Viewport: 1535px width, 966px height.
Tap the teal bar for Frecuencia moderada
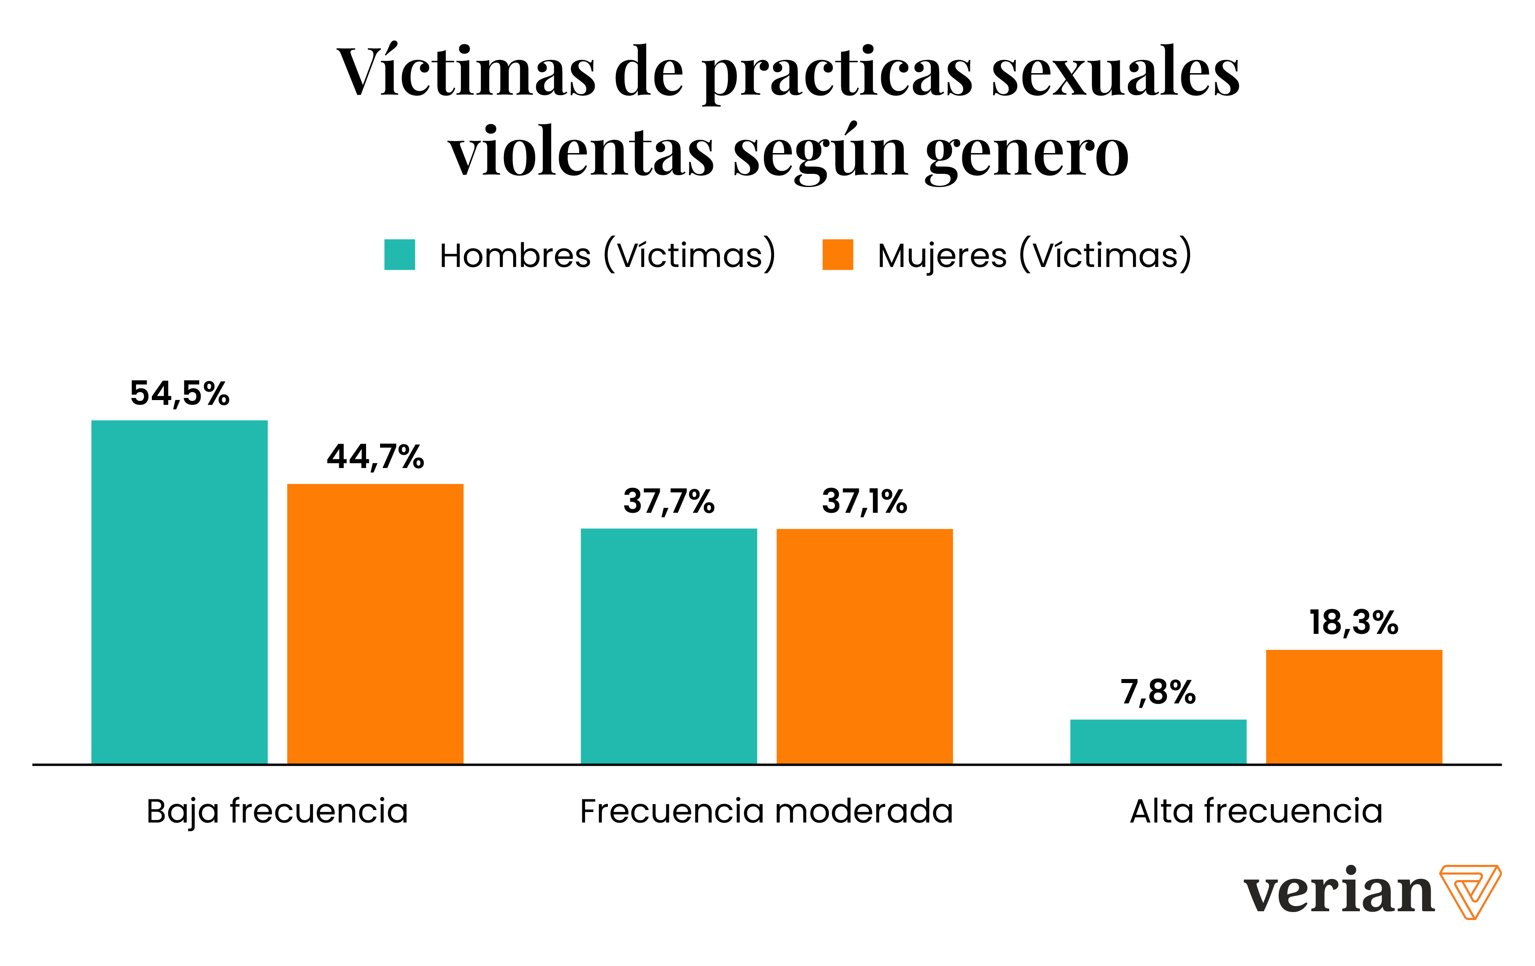669,645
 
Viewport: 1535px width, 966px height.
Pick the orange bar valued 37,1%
864,645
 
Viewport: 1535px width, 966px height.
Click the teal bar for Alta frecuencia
1158,741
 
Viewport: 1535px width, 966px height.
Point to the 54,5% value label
180,393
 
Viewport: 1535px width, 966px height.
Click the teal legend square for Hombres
400,255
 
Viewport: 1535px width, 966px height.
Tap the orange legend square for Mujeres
838,255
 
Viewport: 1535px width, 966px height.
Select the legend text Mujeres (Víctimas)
1034,255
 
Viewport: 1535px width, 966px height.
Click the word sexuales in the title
1115,73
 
